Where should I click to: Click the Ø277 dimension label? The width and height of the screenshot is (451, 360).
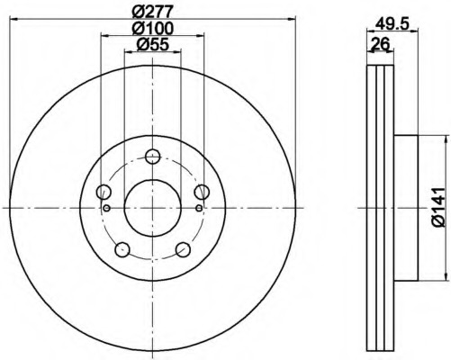[x=153, y=12]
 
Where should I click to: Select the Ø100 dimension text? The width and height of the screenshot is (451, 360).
[x=153, y=29]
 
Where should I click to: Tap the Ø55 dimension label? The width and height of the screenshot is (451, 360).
[x=153, y=45]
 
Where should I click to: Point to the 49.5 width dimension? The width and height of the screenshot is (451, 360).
[x=392, y=23]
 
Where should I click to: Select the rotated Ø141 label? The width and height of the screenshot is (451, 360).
[x=437, y=207]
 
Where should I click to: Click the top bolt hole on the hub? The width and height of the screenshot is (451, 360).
[x=153, y=156]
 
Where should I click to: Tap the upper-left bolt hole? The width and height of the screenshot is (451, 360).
[x=104, y=192]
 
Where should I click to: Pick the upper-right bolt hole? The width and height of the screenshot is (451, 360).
[x=202, y=192]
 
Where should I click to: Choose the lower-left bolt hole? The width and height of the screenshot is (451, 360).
[x=122, y=249]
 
